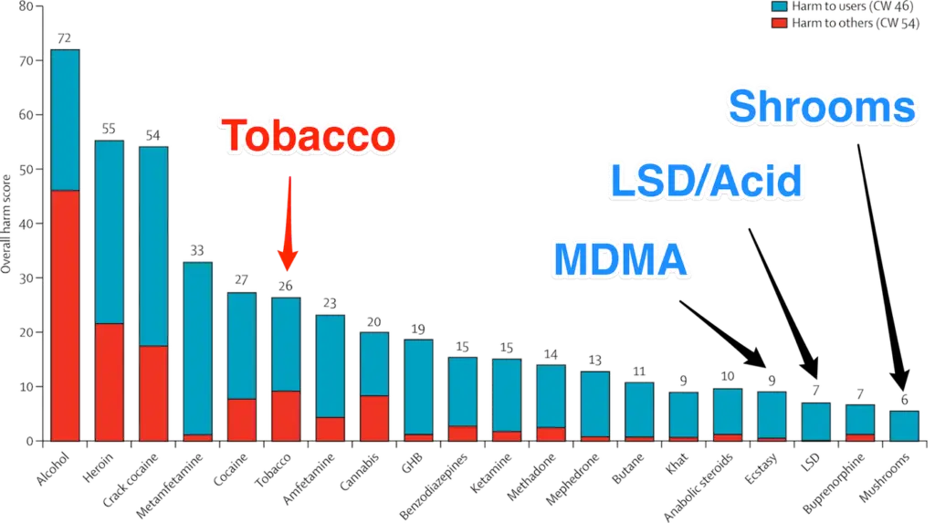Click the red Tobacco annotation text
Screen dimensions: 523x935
pyautogui.click(x=310, y=137)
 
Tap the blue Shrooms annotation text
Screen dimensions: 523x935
pyautogui.click(x=821, y=108)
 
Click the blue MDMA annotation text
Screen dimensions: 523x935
pyautogui.click(x=620, y=258)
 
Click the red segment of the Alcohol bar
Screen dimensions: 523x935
pyautogui.click(x=65, y=315)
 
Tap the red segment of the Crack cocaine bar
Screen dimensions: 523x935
pyautogui.click(x=153, y=392)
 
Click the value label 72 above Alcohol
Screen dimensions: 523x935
pyautogui.click(x=65, y=39)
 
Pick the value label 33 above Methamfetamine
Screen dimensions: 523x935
pyautogui.click(x=197, y=249)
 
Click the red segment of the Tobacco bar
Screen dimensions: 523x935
pyautogui.click(x=286, y=415)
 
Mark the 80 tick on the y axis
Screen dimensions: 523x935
pyautogui.click(x=26, y=7)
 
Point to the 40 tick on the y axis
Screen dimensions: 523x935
pyautogui.click(x=26, y=224)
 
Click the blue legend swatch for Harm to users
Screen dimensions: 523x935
pyautogui.click(x=778, y=6)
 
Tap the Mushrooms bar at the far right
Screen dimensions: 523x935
pyautogui.click(x=904, y=424)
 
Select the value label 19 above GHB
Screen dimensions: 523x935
pyautogui.click(x=418, y=329)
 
